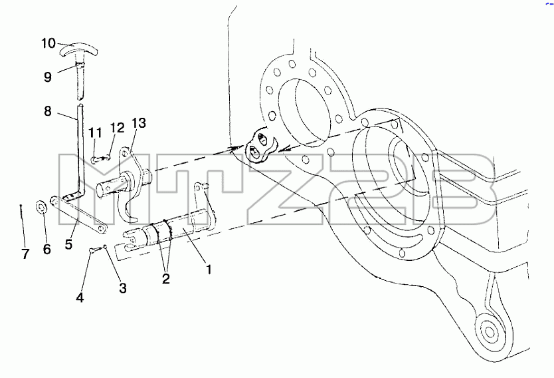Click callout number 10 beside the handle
(48, 43)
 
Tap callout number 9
(48, 77)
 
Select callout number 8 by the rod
(48, 111)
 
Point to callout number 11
(95, 132)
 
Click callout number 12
(118, 128)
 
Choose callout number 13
(139, 123)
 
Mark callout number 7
(25, 254)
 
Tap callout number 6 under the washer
(47, 249)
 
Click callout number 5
(68, 244)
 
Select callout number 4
(80, 297)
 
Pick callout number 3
(123, 288)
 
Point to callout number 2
(165, 279)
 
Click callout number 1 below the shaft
(209, 270)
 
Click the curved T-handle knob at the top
(78, 51)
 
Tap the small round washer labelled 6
(42, 207)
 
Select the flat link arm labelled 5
(78, 215)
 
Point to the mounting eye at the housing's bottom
(489, 331)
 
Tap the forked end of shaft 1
(132, 240)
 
